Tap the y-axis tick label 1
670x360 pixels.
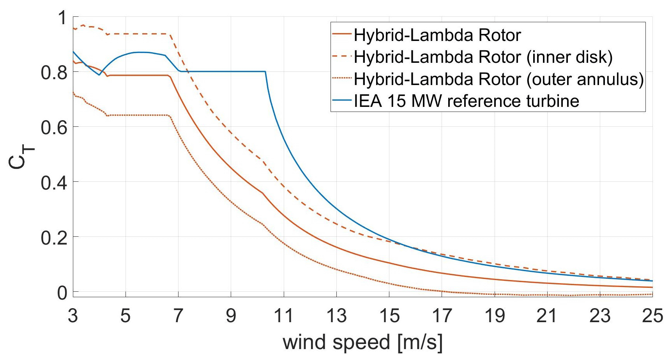pyautogui.click(x=63, y=18)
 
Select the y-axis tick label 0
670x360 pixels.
pyautogui.click(x=63, y=293)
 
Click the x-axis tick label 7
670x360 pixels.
pyautogui.click(x=178, y=316)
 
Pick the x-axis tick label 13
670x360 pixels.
pyautogui.click(x=336, y=316)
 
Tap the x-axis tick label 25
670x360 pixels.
pyautogui.click(x=652, y=316)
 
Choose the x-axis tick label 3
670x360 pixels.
pyautogui.click(x=73, y=316)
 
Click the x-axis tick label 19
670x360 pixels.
pyautogui.click(x=494, y=316)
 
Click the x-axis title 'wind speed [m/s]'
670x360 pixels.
pyautogui.click(x=362, y=342)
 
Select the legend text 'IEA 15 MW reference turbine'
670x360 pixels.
pyautogui.click(x=466, y=101)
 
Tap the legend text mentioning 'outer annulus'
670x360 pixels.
pyautogui.click(x=498, y=79)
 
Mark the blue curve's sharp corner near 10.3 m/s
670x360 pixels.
pyautogui.click(x=265, y=72)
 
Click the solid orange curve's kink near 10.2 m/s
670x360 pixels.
pyautogui.click(x=263, y=193)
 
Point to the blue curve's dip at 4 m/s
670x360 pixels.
pyautogui.click(x=99, y=75)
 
